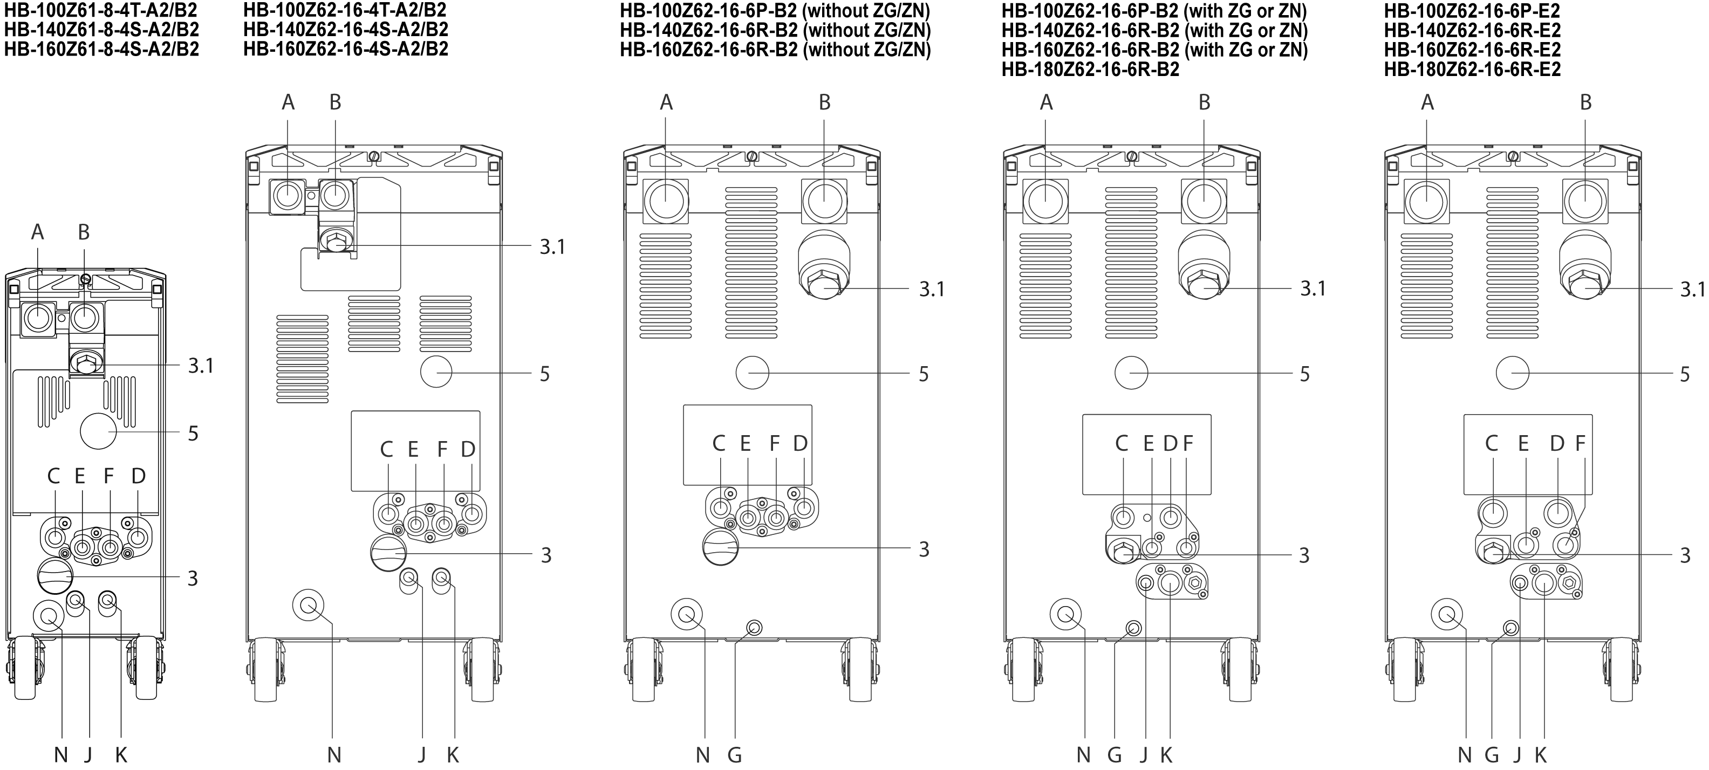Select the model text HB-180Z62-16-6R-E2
tap(1472, 69)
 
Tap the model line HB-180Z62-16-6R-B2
tap(1090, 69)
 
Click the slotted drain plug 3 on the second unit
tap(387, 553)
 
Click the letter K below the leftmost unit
tap(121, 755)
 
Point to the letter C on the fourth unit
tap(1121, 443)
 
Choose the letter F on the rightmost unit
tap(1580, 443)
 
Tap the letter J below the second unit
tap(422, 755)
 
